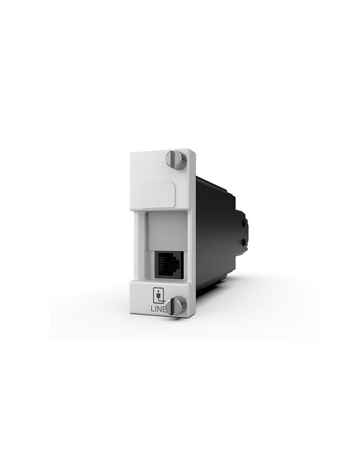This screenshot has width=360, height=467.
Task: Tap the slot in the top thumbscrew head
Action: [172, 159]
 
